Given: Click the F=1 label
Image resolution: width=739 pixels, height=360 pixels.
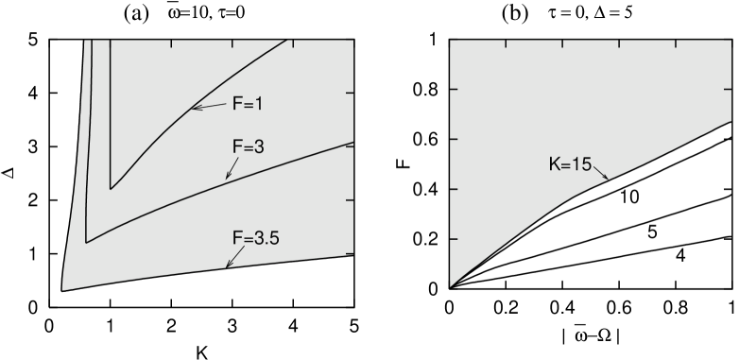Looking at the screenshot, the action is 248,104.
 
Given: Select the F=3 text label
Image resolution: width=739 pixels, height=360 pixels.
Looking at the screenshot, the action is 248,148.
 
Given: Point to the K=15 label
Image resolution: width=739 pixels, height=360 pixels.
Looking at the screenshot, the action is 570,164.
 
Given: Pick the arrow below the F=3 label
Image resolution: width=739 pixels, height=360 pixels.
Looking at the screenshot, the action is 232,169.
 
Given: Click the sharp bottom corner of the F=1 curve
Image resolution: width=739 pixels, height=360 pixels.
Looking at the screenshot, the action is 111,188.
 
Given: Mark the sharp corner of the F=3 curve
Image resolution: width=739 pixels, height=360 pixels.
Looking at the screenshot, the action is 86,243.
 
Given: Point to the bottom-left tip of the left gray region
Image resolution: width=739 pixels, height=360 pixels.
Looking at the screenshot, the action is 62,289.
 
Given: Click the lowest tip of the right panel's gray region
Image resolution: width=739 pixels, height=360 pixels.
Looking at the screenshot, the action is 450,285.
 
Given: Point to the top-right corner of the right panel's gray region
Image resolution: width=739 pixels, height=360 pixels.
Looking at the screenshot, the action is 730,41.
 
